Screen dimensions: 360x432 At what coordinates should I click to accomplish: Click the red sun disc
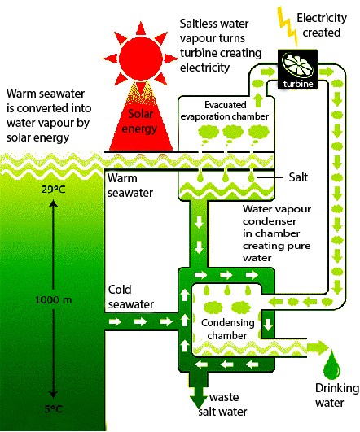(x=141, y=58)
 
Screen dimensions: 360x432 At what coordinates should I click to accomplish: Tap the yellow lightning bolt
(x=288, y=25)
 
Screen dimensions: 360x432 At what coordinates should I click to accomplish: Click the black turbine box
(x=297, y=69)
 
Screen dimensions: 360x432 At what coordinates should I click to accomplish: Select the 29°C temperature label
(x=54, y=190)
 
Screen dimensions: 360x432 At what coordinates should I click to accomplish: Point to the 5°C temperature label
(x=53, y=409)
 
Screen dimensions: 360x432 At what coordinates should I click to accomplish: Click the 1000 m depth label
(x=54, y=299)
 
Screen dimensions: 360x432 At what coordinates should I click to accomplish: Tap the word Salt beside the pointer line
(x=298, y=177)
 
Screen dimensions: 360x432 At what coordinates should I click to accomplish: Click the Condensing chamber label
(x=227, y=329)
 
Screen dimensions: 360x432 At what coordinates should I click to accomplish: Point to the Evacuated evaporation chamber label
(x=225, y=111)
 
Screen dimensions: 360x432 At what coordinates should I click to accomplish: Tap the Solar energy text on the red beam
(x=140, y=121)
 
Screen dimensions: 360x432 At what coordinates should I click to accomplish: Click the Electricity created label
(x=322, y=25)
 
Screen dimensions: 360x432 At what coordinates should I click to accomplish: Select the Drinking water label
(x=337, y=395)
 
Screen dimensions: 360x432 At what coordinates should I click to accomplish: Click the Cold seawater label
(x=131, y=297)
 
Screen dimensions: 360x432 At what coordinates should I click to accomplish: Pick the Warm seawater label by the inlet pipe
(x=130, y=185)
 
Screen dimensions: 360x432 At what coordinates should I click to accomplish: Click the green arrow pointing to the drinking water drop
(x=318, y=347)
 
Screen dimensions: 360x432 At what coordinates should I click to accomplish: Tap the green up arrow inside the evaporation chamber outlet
(x=258, y=100)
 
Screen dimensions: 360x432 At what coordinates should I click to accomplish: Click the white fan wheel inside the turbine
(x=297, y=65)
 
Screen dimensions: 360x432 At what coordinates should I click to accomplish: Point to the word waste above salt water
(x=224, y=397)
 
